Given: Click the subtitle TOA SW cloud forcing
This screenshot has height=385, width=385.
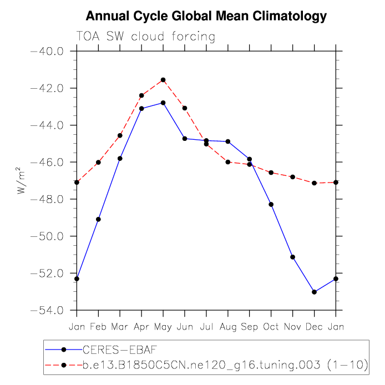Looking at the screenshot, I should (145, 37).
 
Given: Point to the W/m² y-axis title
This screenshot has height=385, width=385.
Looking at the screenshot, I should (22, 181).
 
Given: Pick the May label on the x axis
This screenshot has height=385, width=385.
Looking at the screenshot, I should (163, 327).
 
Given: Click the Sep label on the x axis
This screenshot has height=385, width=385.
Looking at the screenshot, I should (250, 327).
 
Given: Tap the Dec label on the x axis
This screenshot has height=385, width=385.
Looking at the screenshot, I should (315, 327).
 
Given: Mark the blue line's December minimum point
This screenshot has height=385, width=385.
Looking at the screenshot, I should (315, 292).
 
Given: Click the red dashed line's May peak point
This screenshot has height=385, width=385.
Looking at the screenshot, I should (163, 80).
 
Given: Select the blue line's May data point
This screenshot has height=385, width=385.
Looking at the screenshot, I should (163, 103).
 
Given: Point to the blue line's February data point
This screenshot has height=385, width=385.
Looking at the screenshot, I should (98, 219).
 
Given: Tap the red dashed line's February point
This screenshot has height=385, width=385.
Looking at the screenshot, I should (98, 162).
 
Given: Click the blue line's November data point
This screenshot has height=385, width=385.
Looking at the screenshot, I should (293, 257).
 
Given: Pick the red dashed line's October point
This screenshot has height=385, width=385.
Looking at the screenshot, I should (271, 173).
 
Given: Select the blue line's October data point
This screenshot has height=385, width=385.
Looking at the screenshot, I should (271, 204).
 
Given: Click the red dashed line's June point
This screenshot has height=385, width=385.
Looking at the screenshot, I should (185, 108).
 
